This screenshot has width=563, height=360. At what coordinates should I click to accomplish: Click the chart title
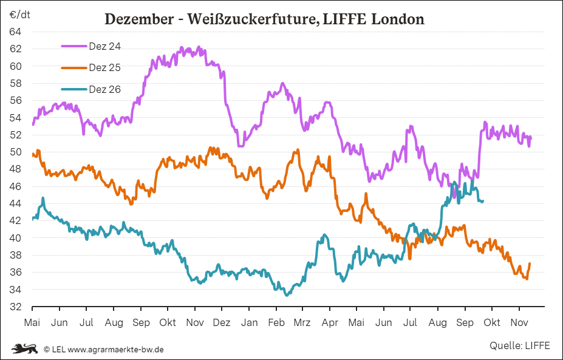click(264, 19)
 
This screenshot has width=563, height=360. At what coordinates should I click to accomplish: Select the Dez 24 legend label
click(105, 46)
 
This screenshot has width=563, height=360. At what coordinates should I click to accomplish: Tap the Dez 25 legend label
click(105, 67)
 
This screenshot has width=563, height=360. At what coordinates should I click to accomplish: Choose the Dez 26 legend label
click(105, 89)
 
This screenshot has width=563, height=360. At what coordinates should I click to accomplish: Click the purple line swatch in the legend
click(74, 46)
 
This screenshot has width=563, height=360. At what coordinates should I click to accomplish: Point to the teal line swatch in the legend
click(74, 89)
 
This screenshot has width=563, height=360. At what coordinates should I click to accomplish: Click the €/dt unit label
click(19, 15)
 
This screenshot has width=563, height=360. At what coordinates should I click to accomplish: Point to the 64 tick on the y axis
click(16, 32)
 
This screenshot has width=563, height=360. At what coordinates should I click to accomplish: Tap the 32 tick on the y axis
click(16, 307)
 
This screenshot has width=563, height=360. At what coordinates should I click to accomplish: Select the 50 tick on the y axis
click(16, 152)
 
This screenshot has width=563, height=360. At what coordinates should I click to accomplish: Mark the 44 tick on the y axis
click(16, 203)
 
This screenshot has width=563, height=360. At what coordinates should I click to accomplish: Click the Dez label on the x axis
click(222, 323)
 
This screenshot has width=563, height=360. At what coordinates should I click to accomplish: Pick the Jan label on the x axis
click(249, 323)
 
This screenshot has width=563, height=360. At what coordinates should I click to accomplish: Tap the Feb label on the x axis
click(276, 323)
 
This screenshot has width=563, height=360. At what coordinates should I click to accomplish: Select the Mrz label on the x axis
click(302, 323)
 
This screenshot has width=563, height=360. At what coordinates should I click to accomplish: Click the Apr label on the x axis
click(330, 323)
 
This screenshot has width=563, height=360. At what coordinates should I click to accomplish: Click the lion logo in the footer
click(25, 348)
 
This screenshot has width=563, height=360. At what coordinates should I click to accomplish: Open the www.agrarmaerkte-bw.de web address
click(115, 349)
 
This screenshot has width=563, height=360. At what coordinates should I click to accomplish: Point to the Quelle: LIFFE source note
click(519, 345)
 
